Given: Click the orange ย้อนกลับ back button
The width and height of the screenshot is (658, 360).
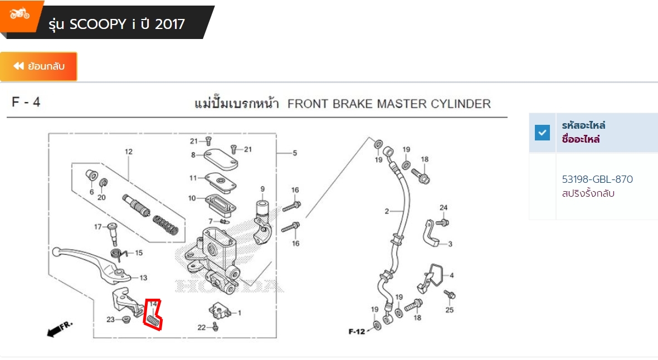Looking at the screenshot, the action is click(38, 66).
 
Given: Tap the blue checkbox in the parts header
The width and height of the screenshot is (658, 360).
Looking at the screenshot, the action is click(542, 133).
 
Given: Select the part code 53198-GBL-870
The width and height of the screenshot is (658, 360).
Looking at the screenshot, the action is click(597, 179).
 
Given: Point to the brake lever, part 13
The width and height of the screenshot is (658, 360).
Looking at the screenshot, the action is click(90, 262).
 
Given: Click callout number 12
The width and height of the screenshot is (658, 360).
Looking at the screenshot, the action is click(128, 152).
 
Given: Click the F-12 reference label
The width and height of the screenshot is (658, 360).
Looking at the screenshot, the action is click(357, 332).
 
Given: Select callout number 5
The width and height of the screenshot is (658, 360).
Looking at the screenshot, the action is click(295, 153).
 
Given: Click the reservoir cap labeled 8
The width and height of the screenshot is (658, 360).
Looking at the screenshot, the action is click(221, 159).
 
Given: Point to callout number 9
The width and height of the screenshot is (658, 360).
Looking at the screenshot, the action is click(262, 189).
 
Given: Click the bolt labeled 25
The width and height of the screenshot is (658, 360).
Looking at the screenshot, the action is click(450, 295).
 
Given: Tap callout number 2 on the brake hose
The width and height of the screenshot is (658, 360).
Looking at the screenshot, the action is click(387, 211).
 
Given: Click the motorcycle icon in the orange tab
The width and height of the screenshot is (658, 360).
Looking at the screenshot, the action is click(20, 14).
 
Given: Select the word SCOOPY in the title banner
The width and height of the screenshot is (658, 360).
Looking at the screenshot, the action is click(98, 25).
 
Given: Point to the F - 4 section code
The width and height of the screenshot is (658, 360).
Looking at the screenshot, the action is click(26, 102).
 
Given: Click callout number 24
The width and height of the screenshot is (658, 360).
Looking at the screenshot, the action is click(443, 208).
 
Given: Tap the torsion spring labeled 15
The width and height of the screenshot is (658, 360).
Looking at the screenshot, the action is click(119, 254).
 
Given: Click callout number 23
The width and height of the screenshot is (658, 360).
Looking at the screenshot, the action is click(110, 319).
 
